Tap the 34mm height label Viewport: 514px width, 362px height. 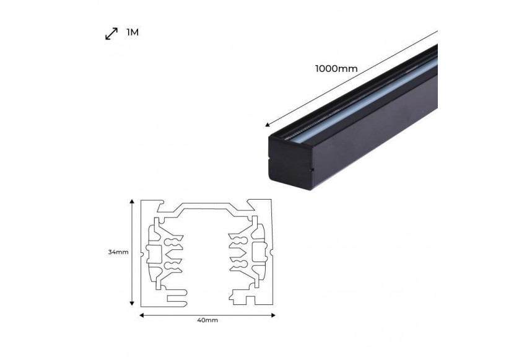(118, 252)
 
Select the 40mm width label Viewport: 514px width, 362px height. (207, 320)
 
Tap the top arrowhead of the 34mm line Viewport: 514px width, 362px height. (132, 201)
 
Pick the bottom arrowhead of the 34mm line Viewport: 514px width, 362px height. (132, 303)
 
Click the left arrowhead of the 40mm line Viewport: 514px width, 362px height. (142, 314)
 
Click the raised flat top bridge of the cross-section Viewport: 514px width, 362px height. (206, 208)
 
